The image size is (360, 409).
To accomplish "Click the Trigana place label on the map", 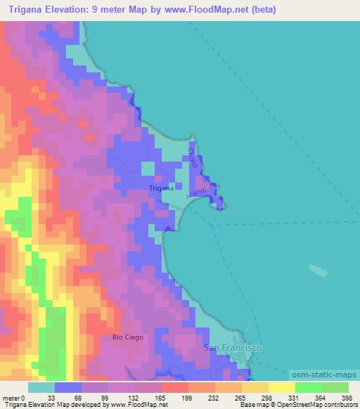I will tap(161, 188).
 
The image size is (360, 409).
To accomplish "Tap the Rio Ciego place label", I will tap(128, 337).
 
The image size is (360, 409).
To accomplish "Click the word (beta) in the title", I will tap(260, 10).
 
